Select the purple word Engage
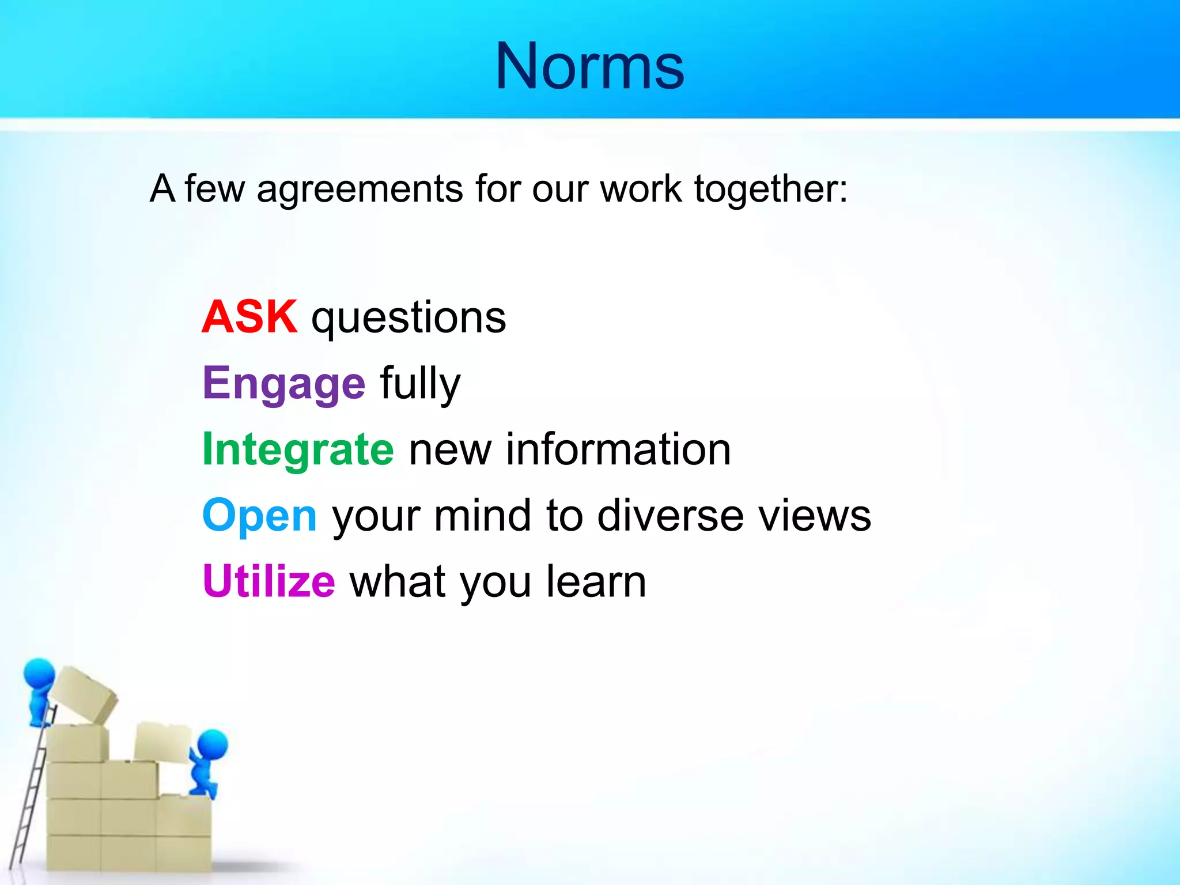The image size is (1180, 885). (x=283, y=383)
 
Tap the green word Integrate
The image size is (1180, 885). (x=298, y=449)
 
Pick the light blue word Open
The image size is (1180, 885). (x=259, y=515)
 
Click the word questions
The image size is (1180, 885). (x=408, y=319)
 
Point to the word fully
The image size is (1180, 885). (x=420, y=384)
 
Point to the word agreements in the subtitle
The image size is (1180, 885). (x=360, y=190)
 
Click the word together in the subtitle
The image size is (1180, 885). (x=770, y=190)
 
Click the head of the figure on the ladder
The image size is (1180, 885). (x=39, y=674)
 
